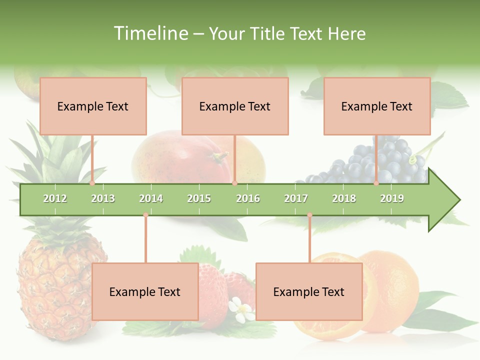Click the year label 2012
55,198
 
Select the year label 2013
103,198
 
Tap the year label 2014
151,198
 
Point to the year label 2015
199,198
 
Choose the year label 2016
248,198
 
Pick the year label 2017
296,198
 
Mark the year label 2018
344,198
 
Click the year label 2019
392,198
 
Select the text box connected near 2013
93,106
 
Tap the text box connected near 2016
235,106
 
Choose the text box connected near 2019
377,106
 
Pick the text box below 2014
145,291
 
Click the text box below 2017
309,291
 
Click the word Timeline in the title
150,33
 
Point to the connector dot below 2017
309,215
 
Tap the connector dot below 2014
145,215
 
